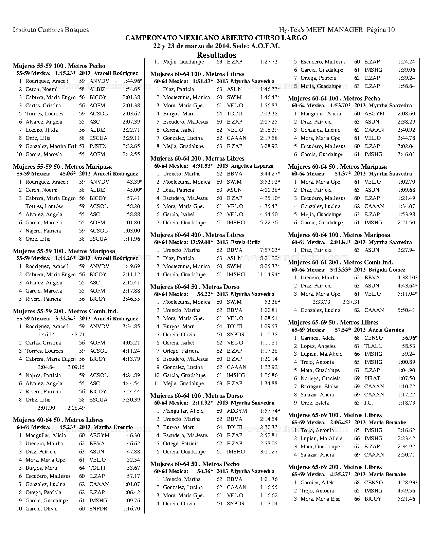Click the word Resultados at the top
[216, 55]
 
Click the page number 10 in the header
[391, 30]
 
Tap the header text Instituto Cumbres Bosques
[51, 30]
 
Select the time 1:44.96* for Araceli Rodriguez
[132, 81]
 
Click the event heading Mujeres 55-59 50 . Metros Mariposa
[62, 167]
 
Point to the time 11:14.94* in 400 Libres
[269, 275]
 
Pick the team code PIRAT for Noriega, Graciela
[372, 378]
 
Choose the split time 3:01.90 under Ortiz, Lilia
[46, 408]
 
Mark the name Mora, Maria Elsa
[320, 499]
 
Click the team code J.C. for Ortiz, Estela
[368, 403]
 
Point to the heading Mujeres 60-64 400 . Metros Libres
[197, 235]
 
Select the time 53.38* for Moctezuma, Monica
[272, 302]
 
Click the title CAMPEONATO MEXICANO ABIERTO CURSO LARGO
[216, 38]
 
